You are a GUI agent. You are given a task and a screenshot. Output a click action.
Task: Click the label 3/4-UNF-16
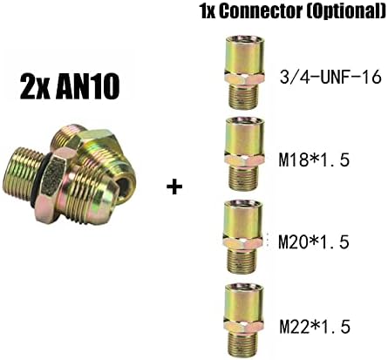tap(330, 77)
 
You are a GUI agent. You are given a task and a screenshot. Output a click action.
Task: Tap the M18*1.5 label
tap(314, 160)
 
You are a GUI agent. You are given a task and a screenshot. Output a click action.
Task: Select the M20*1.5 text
tap(314, 242)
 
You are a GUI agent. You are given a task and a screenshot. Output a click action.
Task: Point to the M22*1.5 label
tap(315, 327)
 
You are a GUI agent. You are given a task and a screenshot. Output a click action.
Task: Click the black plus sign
tap(174, 187)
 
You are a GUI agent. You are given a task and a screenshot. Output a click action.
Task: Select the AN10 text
tap(87, 87)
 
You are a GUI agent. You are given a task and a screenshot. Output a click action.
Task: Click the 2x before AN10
tap(34, 87)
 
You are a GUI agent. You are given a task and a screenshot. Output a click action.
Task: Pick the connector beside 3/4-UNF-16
tap(244, 72)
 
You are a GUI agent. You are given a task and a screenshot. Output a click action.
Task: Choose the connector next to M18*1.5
tap(243, 153)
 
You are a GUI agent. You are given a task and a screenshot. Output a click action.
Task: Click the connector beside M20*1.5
tap(243, 236)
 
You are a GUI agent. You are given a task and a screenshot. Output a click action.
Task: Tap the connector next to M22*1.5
tap(243, 319)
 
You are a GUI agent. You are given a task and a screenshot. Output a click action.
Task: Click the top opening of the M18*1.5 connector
tap(243, 120)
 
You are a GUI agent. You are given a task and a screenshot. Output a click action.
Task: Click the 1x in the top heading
tap(208, 12)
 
